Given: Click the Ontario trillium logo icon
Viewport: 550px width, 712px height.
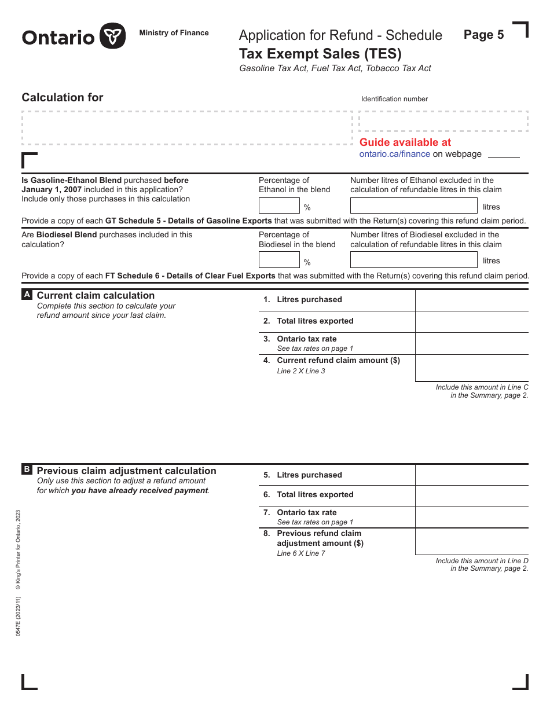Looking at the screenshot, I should click(112, 36).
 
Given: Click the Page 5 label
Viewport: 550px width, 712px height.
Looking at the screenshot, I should click(483, 35).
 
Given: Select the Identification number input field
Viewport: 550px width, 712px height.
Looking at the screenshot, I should click(443, 122).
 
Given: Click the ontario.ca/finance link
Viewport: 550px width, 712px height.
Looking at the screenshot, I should click(394, 154).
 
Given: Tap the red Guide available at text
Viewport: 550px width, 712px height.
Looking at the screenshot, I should click(405, 142).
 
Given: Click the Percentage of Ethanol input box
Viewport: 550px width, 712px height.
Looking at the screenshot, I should click(279, 205).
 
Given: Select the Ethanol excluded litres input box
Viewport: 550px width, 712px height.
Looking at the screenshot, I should click(413, 205).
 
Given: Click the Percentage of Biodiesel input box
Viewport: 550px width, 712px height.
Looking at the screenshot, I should click(279, 260).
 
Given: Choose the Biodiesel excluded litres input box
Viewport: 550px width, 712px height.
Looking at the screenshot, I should click(413, 260).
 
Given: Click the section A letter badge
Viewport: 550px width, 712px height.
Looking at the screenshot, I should click(27, 295).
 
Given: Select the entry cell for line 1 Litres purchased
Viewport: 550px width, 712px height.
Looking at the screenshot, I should click(471, 300).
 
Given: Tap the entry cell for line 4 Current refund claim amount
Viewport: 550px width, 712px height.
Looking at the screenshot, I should click(471, 368).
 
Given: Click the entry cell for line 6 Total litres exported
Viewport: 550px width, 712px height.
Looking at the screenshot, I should click(471, 496).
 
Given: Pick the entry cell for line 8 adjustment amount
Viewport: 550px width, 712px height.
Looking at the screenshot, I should click(471, 541).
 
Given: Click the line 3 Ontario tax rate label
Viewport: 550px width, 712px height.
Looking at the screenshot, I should click(306, 339).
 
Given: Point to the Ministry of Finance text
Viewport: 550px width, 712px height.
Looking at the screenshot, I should click(174, 33).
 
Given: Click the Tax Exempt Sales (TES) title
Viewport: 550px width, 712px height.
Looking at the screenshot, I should click(320, 54).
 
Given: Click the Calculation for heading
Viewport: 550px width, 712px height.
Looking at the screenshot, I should click(63, 98).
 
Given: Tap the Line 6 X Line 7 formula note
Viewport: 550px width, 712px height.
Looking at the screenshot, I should click(301, 553).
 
